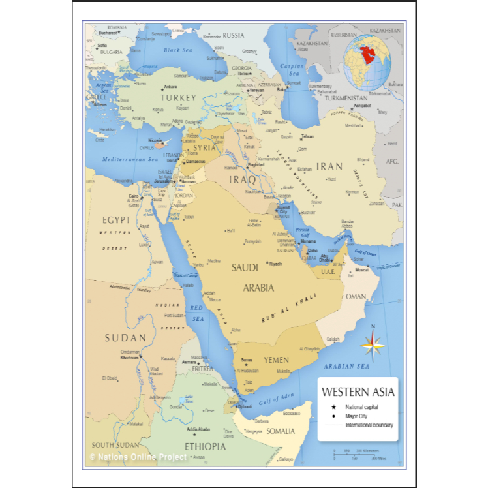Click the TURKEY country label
pyautogui.click(x=178, y=97)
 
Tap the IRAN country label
pyautogui.click(x=329, y=166)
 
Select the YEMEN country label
pyautogui.click(x=276, y=359)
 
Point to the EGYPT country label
pyautogui.click(x=116, y=220)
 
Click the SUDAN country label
pyautogui.click(x=125, y=337)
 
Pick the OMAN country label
pyautogui.click(x=355, y=296)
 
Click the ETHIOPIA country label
pyautogui.click(x=205, y=446)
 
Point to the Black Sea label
pyautogui.click(x=177, y=50)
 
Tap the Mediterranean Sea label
pyautogui.click(x=131, y=159)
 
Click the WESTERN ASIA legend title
pyautogui.click(x=358, y=393)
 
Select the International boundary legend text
pyautogui.click(x=369, y=425)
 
